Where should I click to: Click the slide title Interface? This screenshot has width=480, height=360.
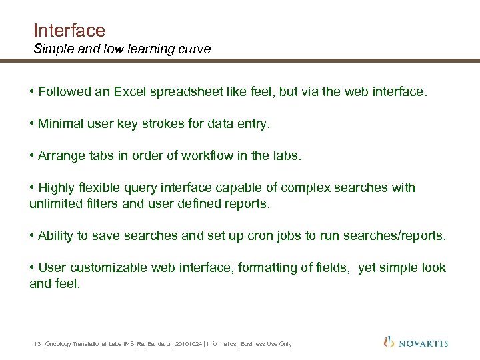[x=69, y=30]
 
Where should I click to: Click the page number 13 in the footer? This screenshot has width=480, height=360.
[x=37, y=344]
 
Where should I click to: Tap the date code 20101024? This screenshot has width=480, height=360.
[x=189, y=344]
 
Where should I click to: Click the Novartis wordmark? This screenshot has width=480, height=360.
[x=424, y=343]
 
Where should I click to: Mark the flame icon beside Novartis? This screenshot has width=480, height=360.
[x=389, y=343]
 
